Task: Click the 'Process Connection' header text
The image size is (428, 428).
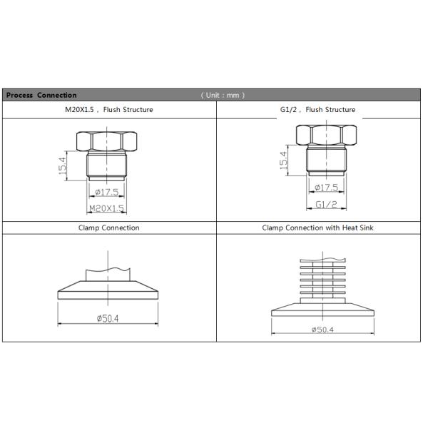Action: point(41,96)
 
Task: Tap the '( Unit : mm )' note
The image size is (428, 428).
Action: point(223,96)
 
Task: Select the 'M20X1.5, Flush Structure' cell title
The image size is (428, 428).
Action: point(109,110)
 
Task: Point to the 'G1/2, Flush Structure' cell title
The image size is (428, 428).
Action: point(317,110)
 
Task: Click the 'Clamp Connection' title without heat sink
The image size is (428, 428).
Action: point(109,228)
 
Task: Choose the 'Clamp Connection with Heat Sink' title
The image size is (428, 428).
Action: point(317,228)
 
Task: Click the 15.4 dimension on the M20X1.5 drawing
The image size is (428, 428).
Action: point(63,166)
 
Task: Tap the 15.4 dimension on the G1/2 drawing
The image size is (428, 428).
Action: point(284,160)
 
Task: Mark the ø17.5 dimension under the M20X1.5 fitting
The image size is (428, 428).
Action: point(107,192)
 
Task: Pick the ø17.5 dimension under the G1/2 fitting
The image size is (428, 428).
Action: point(327,188)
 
